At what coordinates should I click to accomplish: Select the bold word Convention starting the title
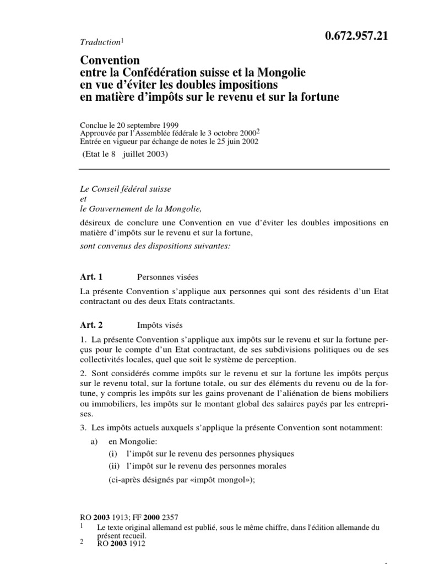pyautogui.click(x=110, y=60)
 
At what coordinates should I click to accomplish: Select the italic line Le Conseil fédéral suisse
pyautogui.click(x=126, y=188)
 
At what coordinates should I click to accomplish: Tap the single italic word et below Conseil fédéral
pyautogui.click(x=83, y=198)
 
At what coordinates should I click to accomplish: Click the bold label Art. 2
pyautogui.click(x=91, y=326)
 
